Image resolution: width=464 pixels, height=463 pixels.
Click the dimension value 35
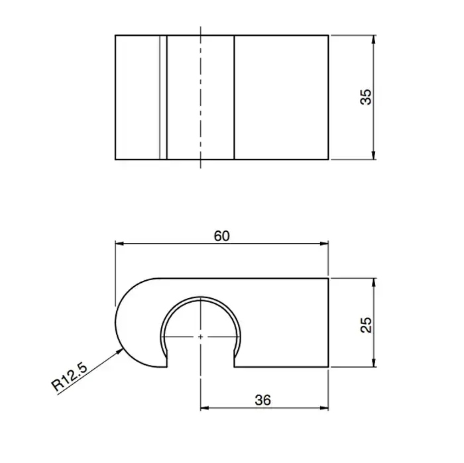[366, 97]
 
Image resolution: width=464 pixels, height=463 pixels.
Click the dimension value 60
[221, 236]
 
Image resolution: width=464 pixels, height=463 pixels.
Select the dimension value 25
[366, 325]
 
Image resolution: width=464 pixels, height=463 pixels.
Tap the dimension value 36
[262, 400]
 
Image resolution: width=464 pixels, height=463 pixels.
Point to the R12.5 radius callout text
[70, 377]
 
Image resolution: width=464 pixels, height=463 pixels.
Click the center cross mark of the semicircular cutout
[201, 336]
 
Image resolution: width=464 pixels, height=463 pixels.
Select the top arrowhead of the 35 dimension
[373, 39]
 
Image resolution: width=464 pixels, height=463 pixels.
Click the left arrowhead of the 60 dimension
[119, 244]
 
